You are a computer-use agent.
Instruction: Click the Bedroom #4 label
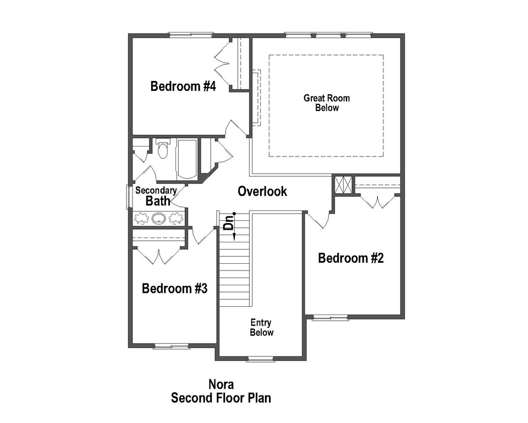tap(183, 86)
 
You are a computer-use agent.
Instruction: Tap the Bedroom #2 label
tap(351, 258)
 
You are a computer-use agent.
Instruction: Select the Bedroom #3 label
tap(174, 289)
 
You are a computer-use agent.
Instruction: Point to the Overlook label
tap(262, 191)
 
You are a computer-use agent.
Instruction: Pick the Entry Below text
tap(261, 327)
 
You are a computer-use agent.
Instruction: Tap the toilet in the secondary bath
tap(162, 150)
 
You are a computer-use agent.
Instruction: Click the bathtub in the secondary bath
tap(187, 159)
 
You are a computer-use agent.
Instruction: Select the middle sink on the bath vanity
tap(159, 218)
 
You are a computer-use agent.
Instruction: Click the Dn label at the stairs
tap(229, 223)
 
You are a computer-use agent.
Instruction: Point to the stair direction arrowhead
tap(234, 237)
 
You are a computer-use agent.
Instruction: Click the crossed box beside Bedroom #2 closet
tap(343, 185)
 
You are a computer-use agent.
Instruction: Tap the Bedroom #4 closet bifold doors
tap(224, 64)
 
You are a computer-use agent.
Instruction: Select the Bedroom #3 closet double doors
tap(158, 255)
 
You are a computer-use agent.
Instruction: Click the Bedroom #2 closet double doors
tap(377, 202)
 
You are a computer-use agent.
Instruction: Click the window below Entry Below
tap(261, 359)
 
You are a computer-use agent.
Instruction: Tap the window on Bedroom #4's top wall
tap(191, 35)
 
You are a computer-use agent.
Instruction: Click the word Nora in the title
tap(221, 384)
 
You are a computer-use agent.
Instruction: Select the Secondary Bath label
tap(156, 196)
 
